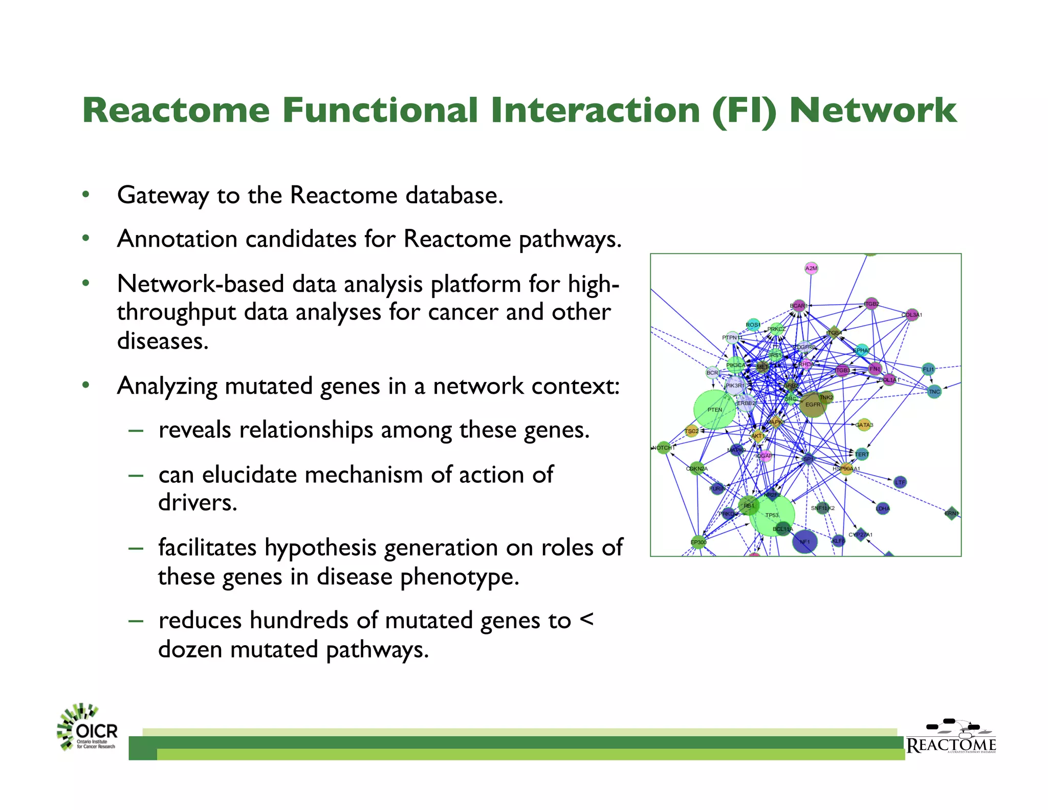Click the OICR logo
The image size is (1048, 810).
point(88,728)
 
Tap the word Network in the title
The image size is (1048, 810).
point(872,110)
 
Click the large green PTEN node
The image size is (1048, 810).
point(714,410)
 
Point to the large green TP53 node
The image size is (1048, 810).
point(772,515)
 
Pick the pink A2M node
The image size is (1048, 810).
point(811,268)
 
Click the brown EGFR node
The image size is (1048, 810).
point(813,404)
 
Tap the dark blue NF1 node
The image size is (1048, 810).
point(804,542)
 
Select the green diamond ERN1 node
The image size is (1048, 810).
point(951,513)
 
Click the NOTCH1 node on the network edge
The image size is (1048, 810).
point(663,447)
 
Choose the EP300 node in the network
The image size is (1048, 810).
point(698,542)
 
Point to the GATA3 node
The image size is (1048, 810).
point(864,424)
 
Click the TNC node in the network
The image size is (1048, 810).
point(934,392)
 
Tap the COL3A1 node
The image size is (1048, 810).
point(912,314)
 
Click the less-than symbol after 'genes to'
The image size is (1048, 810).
point(586,620)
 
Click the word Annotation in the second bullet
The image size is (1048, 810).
point(177,240)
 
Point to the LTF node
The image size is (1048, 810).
point(900,482)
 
